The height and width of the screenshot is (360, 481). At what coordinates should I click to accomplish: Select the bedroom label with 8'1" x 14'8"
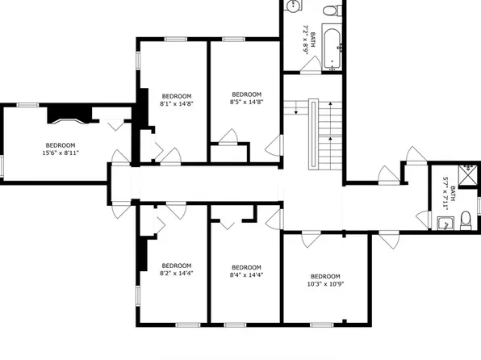(177, 99)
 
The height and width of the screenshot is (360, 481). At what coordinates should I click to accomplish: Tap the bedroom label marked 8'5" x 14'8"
(246, 98)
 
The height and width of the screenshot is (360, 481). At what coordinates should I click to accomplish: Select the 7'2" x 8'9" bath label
(306, 39)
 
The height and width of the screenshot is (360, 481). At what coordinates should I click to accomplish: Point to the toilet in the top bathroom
(328, 10)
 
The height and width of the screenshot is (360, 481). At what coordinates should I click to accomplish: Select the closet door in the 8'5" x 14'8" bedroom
(227, 137)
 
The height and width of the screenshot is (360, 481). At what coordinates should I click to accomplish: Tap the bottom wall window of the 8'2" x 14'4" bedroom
(187, 324)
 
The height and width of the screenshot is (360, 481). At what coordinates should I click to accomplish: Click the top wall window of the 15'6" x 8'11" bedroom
(28, 104)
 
